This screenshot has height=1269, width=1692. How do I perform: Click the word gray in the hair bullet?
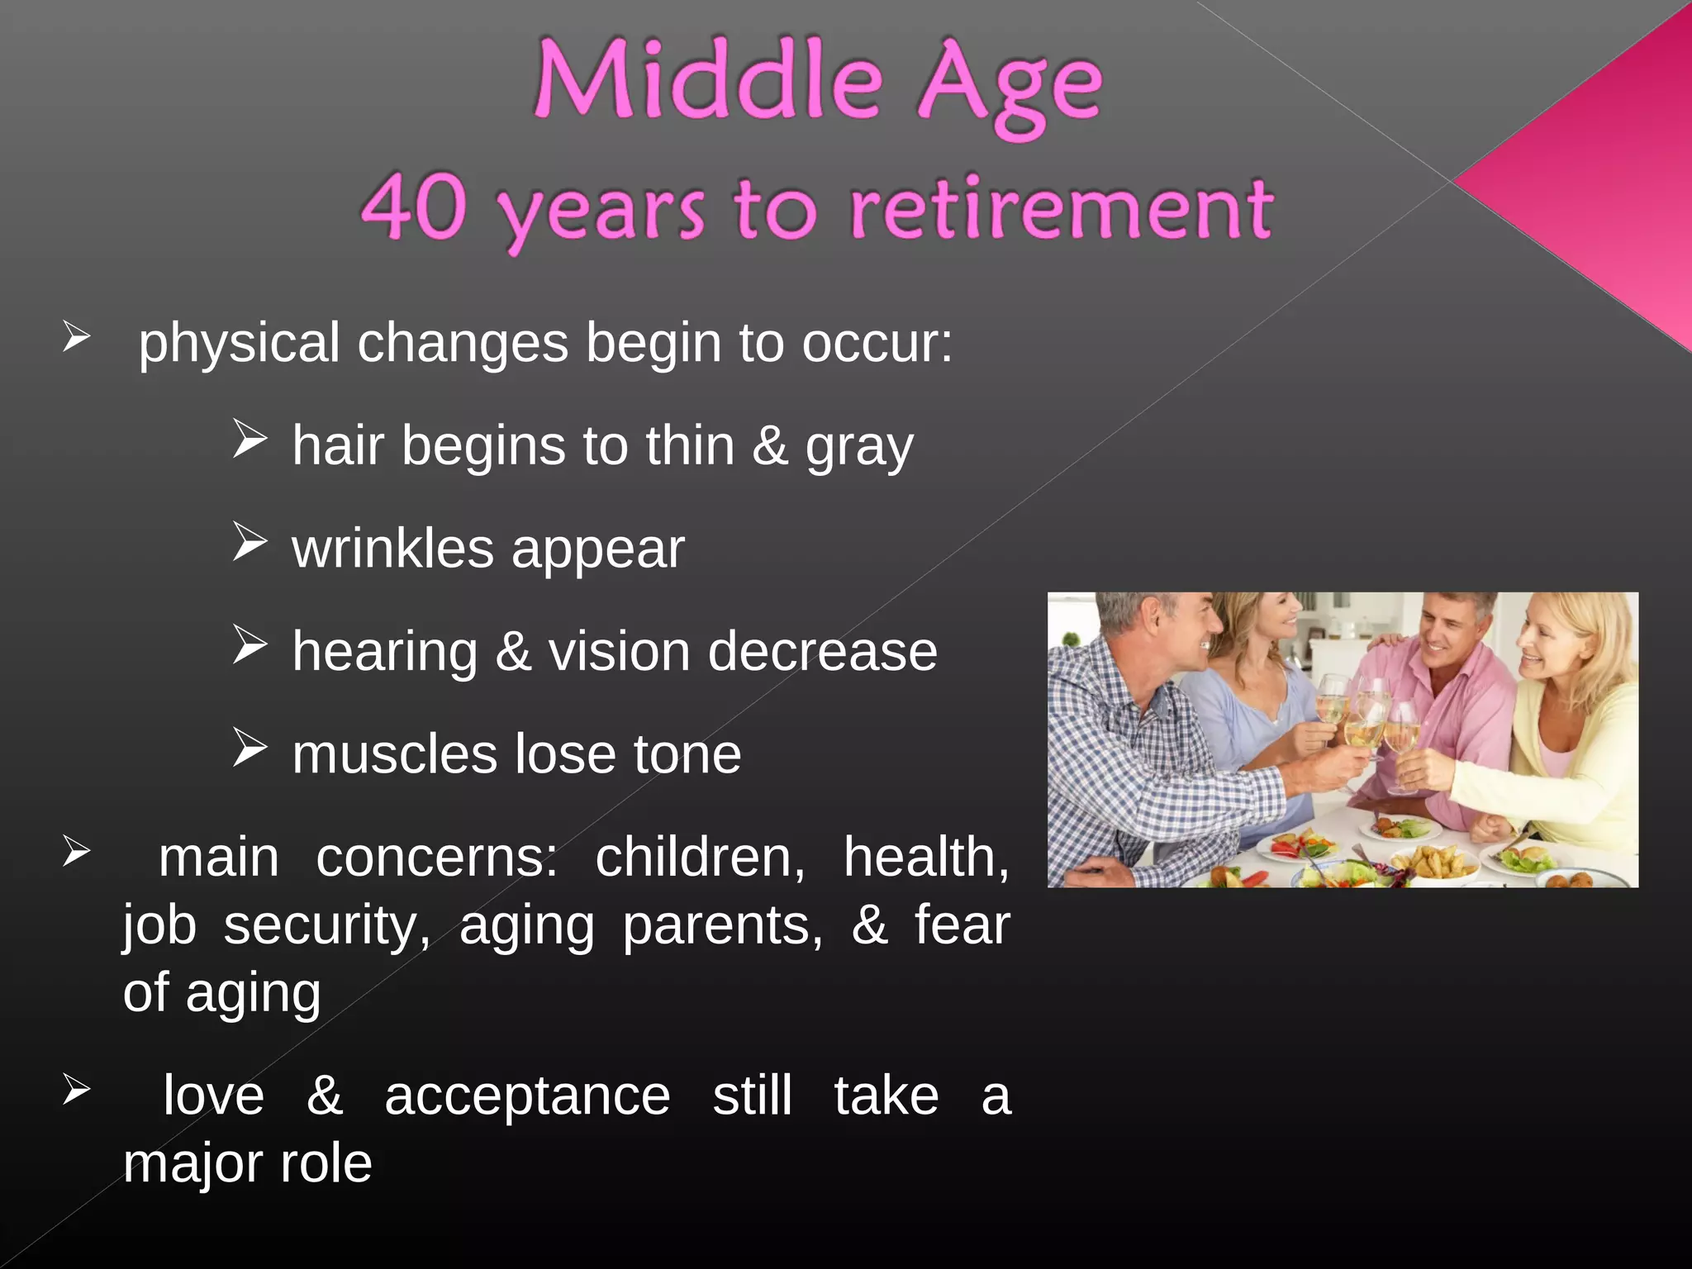point(859,448)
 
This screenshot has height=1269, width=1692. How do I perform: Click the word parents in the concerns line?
point(723,925)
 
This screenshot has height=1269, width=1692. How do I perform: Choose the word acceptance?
point(527,1096)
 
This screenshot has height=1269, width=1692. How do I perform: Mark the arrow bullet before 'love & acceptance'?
point(76,1090)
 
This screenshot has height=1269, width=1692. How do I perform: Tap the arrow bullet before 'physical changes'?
point(76,337)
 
